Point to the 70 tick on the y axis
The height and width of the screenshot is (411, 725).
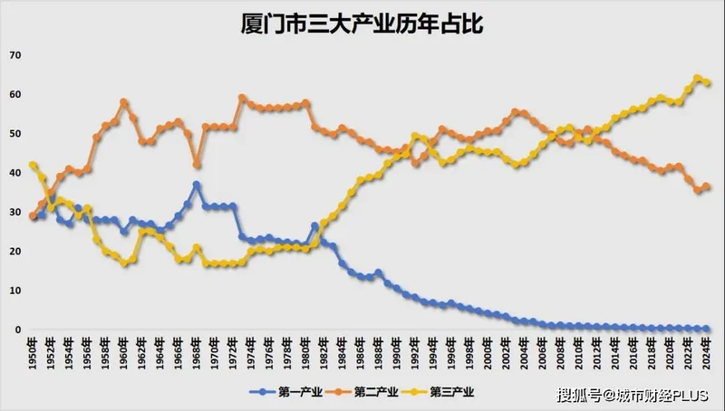click(x=14, y=55)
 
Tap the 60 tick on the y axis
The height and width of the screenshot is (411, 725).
click(x=14, y=94)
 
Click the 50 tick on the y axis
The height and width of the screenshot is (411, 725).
click(x=14, y=134)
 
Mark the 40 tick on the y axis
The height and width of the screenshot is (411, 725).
click(x=14, y=173)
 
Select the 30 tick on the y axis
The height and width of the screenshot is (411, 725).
click(x=14, y=212)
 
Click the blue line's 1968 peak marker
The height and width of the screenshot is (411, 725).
click(x=197, y=185)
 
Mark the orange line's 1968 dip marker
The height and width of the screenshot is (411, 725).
click(x=197, y=165)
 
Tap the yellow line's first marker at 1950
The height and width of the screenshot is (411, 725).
click(x=34, y=165)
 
